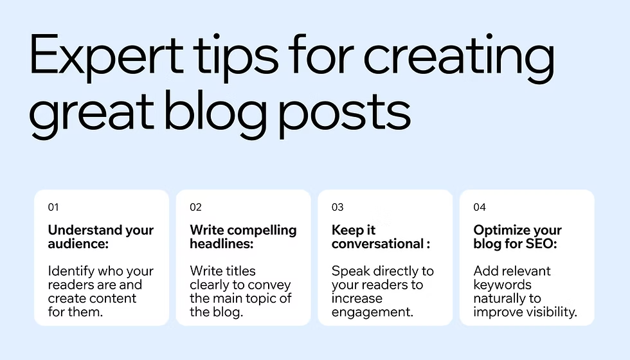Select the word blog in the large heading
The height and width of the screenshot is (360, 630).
[x=216, y=114]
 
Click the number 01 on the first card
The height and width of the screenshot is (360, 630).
[x=53, y=207]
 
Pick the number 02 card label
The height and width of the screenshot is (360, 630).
[x=195, y=207]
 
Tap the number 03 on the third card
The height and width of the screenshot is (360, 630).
[x=337, y=207]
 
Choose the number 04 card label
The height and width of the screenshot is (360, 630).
[x=480, y=207]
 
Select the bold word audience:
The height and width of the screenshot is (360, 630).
[x=78, y=244]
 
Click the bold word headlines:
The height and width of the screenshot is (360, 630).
[x=222, y=244]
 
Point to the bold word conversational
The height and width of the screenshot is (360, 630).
[x=378, y=244]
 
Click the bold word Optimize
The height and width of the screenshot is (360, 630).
[x=500, y=231]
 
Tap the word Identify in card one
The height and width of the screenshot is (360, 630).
[x=71, y=272]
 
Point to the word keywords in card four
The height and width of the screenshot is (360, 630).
[x=503, y=285]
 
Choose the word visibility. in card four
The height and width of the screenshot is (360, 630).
[x=552, y=312]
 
